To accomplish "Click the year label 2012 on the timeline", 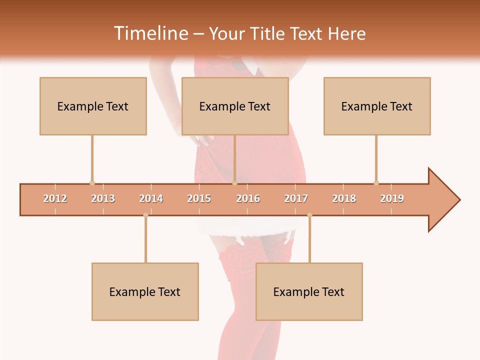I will (55, 198).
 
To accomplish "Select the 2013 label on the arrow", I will (103, 198).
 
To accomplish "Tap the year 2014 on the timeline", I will (151, 198).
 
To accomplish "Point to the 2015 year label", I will (199, 198).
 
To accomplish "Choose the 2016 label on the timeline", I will (248, 198).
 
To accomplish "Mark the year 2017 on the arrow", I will (296, 198).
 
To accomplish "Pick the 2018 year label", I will (344, 198).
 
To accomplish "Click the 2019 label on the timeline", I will (392, 198).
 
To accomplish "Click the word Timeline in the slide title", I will (149, 33).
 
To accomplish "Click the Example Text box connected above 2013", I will (93, 106).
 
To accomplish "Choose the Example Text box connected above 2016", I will (235, 106).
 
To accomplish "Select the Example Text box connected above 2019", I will (377, 106).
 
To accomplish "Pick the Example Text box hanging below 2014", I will (145, 291).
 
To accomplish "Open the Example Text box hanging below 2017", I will (309, 291).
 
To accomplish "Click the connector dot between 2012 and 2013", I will (92, 183).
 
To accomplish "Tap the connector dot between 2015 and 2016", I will (234, 183).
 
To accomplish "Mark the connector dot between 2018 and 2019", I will (376, 183).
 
